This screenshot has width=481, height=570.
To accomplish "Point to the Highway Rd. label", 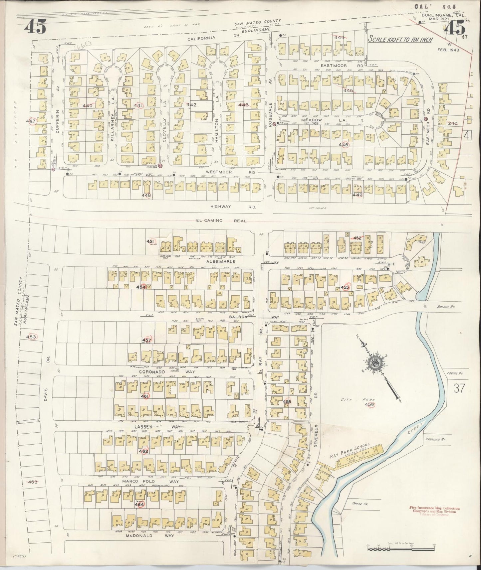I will tap(233, 207).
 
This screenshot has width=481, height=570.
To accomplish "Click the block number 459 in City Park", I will tap(370, 405).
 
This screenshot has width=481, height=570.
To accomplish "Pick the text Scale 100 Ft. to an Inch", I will tap(400, 40).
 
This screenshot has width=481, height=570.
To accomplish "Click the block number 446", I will tap(343, 145).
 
